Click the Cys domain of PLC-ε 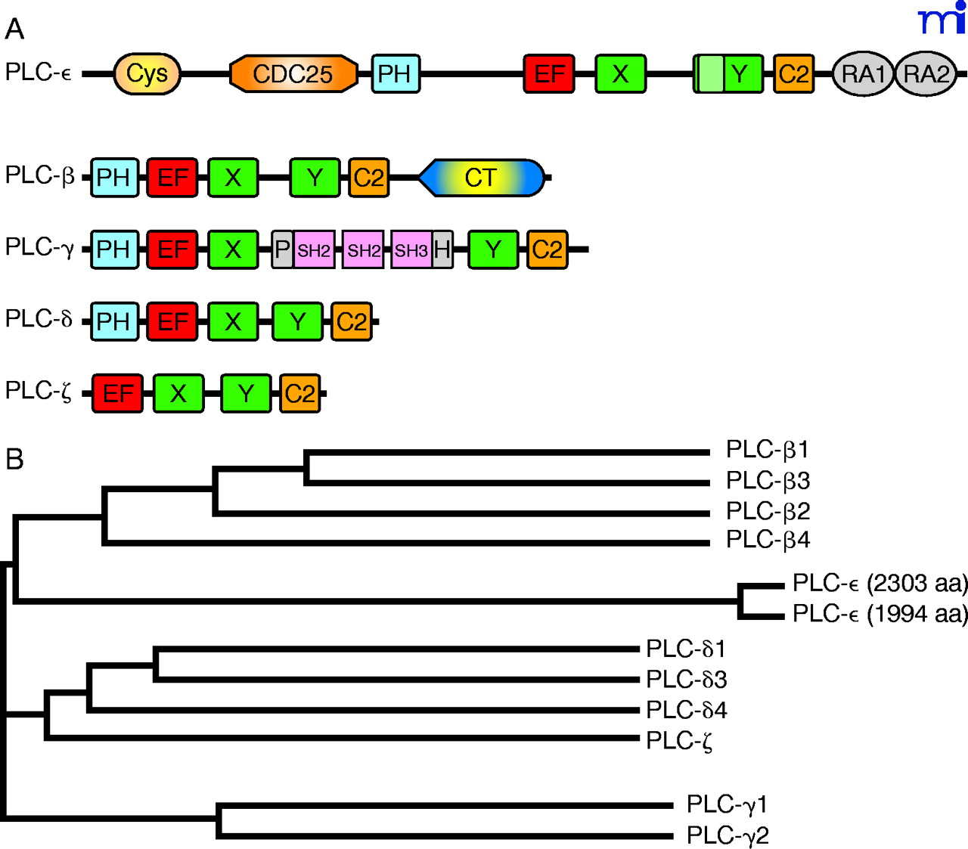point(147,74)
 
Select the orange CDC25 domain point(293,74)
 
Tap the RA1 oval point(863,74)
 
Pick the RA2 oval point(926,74)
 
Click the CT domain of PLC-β point(481,178)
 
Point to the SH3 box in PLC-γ point(411,250)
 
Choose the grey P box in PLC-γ point(282,249)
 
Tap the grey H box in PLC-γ point(442,249)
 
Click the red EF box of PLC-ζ point(117,393)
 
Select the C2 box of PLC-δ point(352,322)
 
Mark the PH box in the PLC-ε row point(395,74)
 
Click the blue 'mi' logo point(942,19)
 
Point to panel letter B point(14,460)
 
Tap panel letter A point(14,29)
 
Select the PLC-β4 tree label point(768,540)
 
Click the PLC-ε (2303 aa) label point(880,583)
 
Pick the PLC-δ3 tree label point(686,680)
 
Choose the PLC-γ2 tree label point(728,835)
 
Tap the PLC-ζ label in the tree point(679,741)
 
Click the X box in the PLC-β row point(233,178)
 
